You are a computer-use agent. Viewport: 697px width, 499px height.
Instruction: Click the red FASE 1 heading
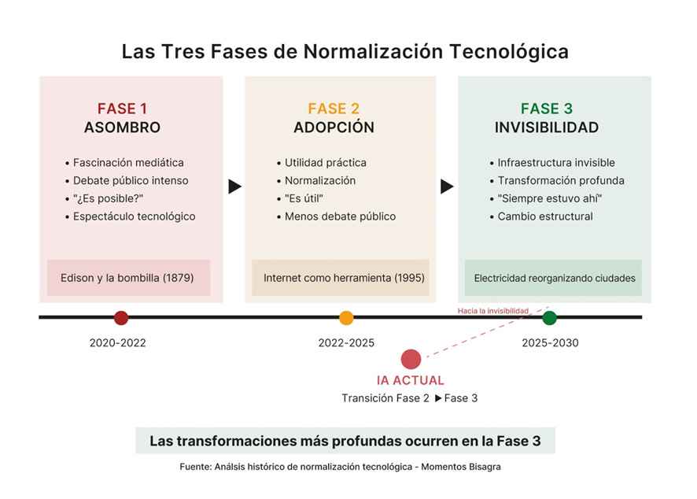click(122, 109)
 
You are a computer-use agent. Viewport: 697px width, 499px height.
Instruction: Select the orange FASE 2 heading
click(334, 109)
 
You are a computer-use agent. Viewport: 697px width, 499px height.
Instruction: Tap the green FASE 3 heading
click(546, 109)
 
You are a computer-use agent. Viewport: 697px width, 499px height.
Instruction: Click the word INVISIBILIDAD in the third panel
click(546, 128)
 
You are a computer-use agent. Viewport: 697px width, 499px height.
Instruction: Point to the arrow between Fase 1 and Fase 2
click(234, 187)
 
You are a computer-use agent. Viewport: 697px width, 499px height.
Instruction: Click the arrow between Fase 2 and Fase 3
click(447, 187)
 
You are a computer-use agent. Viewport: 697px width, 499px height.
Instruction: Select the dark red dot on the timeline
click(121, 318)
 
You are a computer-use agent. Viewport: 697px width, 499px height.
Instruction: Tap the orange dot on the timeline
click(346, 318)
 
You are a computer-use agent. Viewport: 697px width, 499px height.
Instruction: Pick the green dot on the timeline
click(549, 318)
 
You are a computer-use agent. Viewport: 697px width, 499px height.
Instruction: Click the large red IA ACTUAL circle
click(411, 359)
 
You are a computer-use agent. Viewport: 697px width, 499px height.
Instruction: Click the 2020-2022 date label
click(117, 343)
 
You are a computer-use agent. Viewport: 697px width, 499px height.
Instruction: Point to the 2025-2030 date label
click(550, 343)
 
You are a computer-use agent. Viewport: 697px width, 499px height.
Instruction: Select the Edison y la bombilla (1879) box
click(127, 278)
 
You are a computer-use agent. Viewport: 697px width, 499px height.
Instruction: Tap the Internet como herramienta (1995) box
click(340, 278)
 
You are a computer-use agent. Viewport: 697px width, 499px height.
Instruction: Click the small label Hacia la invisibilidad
click(493, 311)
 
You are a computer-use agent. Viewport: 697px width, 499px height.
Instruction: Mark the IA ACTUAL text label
click(411, 381)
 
